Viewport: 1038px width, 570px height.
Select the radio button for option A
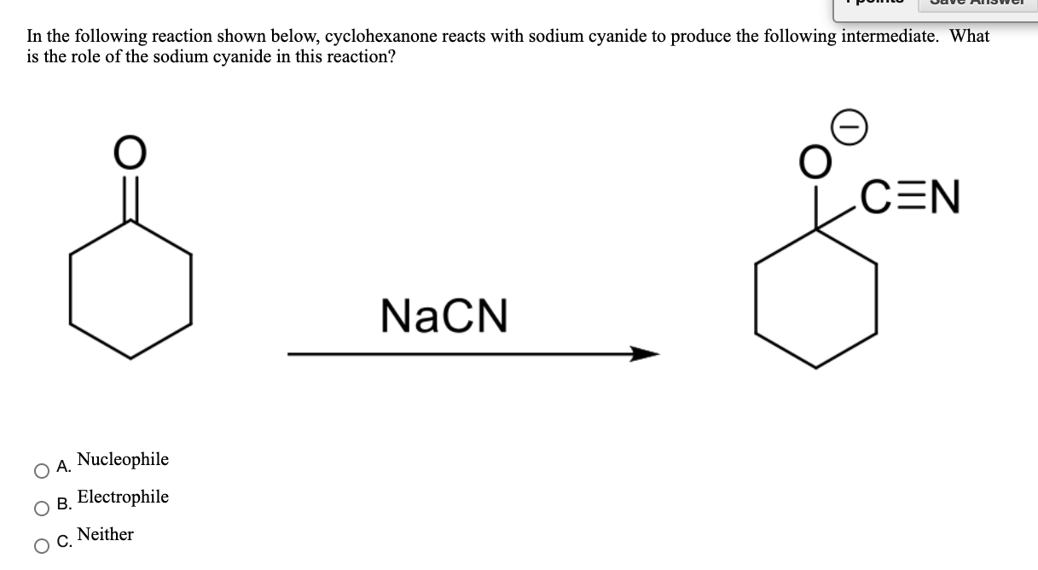coord(41,470)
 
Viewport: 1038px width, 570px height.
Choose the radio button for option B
coord(41,509)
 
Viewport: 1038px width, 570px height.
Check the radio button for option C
coord(41,546)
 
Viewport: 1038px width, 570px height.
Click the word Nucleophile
coord(123,460)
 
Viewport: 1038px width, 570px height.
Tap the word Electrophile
coord(123,497)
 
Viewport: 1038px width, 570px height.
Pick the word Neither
coord(105,535)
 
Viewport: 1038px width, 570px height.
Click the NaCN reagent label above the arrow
coord(444,315)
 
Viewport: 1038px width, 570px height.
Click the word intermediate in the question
coord(891,38)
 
